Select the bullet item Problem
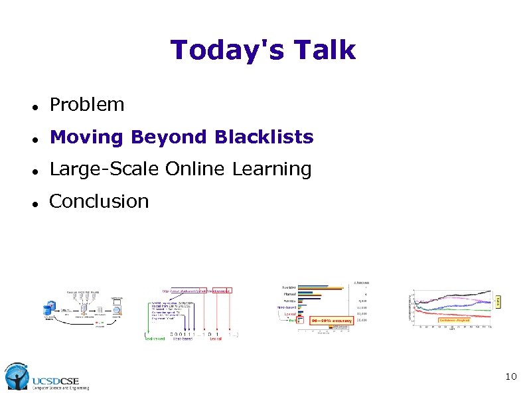coord(87,105)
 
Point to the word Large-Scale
coord(104,169)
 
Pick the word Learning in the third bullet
coord(271,169)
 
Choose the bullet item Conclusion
coord(99,201)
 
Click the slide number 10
coord(510,377)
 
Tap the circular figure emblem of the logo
coord(16,377)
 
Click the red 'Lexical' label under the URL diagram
coord(215,338)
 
